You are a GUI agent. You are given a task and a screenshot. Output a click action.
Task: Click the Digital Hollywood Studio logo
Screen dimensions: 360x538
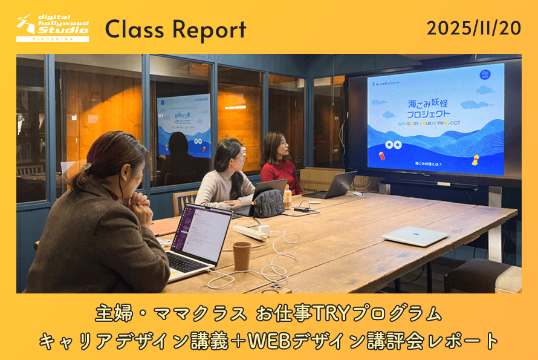tap(53, 28)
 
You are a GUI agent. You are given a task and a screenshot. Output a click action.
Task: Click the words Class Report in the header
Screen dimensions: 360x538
tap(176, 29)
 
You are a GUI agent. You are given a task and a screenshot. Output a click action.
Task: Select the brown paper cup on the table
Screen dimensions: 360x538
tap(241, 255)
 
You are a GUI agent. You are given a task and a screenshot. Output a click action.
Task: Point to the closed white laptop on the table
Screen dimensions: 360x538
tap(415, 235)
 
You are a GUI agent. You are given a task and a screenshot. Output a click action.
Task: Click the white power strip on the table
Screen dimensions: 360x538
tap(251, 231)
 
